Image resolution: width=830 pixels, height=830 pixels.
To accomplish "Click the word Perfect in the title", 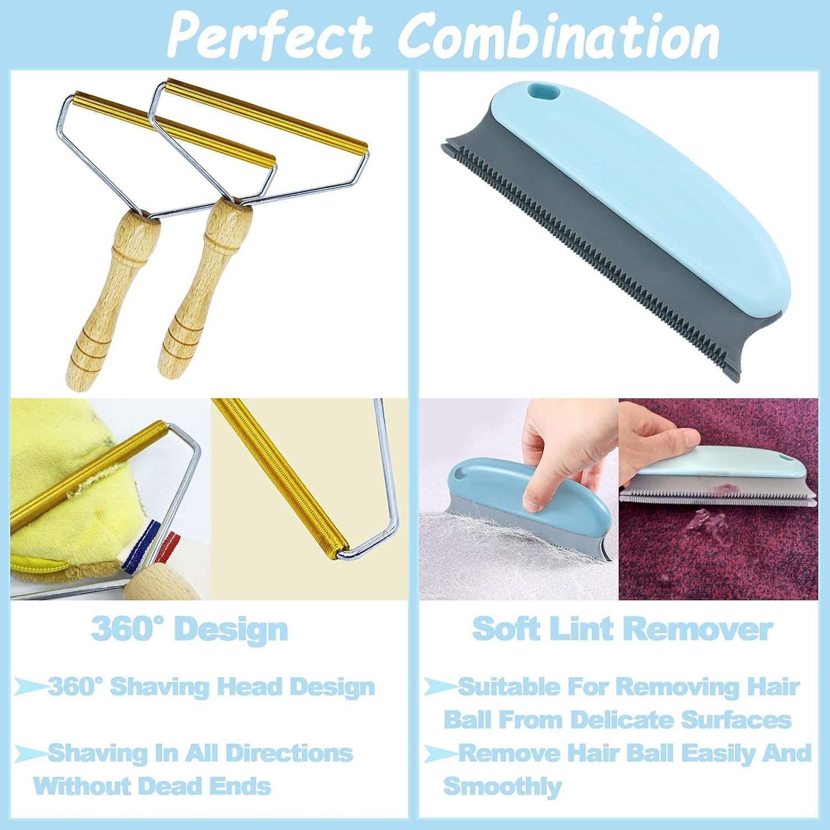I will [x=269, y=35].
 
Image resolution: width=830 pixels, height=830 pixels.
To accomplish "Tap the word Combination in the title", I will [x=559, y=35].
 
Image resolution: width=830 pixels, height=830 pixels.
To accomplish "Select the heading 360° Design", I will [x=189, y=630].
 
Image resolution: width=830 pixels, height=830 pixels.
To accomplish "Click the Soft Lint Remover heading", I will [x=622, y=630].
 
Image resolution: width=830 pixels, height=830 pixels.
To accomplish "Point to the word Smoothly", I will [x=502, y=786].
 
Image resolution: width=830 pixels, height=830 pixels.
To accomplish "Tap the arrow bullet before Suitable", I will [x=440, y=687].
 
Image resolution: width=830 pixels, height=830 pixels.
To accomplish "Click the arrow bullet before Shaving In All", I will [x=30, y=753].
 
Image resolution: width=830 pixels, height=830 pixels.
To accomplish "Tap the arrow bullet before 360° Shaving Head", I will [x=30, y=687].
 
